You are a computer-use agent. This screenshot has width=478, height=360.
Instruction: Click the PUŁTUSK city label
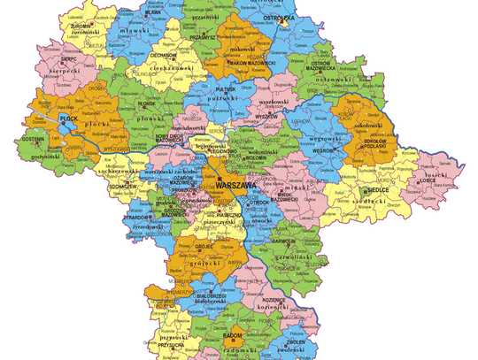click(x=227, y=89)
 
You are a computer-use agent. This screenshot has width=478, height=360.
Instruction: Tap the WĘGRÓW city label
click(x=320, y=151)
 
